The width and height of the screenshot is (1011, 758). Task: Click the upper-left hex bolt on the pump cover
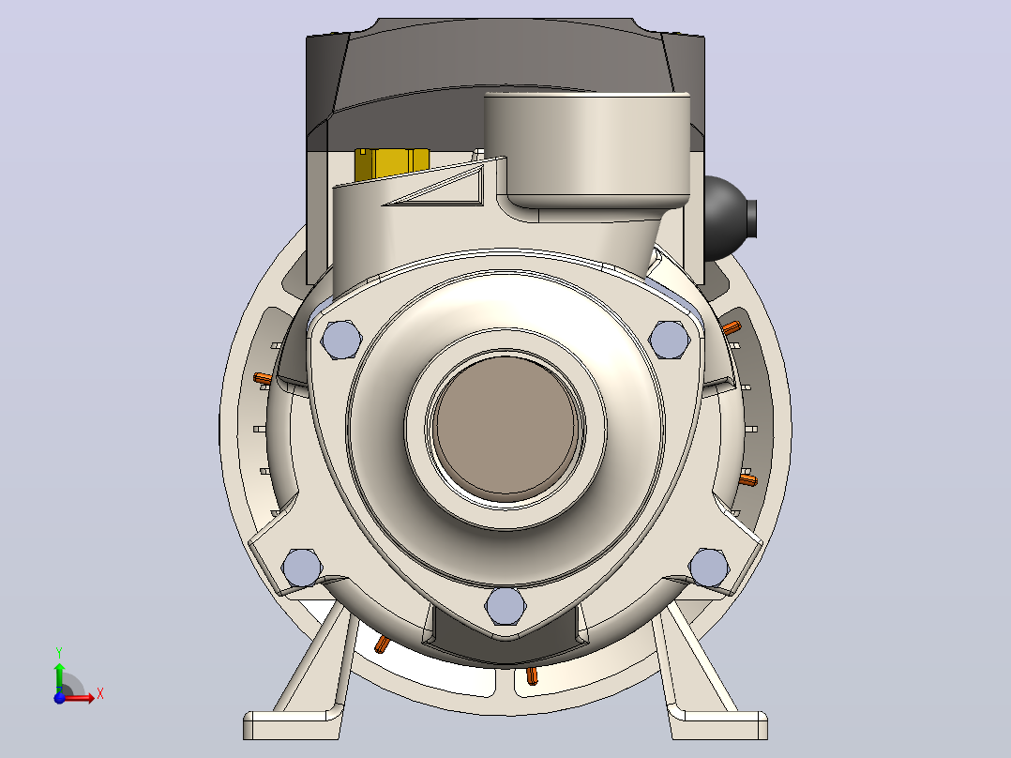(341, 340)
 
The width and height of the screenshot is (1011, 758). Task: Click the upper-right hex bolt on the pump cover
(670, 340)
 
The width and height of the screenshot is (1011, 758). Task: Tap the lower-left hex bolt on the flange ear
(302, 568)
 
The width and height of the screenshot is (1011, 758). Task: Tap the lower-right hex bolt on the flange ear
(709, 568)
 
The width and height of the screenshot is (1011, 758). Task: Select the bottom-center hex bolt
(505, 606)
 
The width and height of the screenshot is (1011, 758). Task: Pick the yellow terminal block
(391, 165)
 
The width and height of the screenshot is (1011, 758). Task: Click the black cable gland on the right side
(730, 219)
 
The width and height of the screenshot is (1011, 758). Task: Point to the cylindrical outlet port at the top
(587, 150)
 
